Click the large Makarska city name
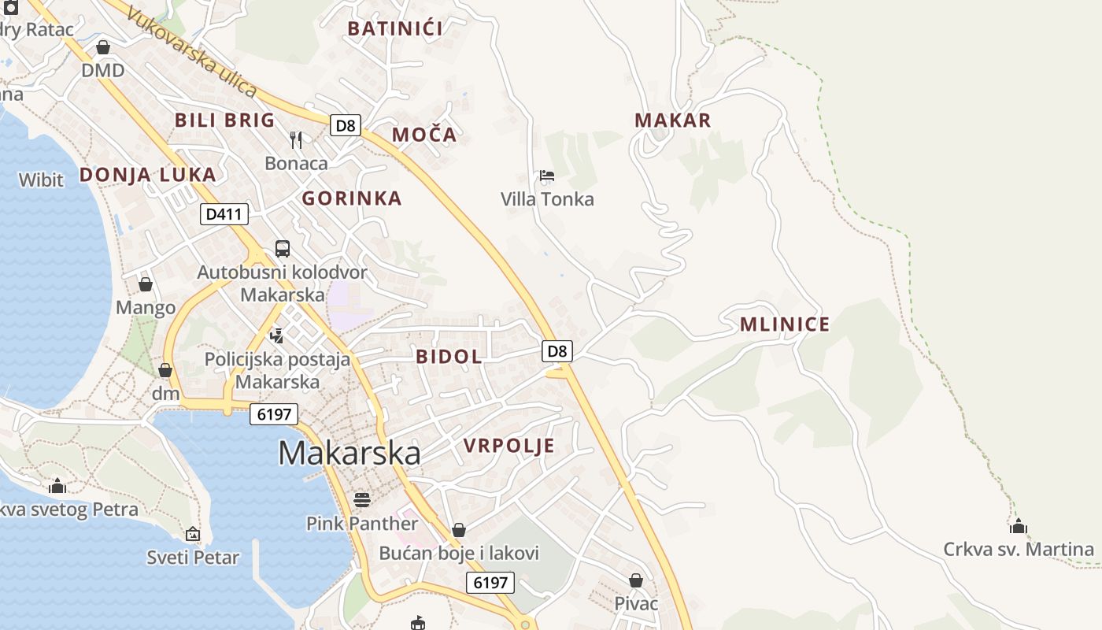[x=349, y=454]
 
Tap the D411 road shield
[x=224, y=213]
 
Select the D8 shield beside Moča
[x=346, y=125]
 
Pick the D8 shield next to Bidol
[x=557, y=351]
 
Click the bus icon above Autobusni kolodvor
[x=283, y=249]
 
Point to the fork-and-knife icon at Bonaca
[x=296, y=140]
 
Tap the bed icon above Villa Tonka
[x=547, y=175]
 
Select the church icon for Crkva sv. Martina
[x=1019, y=526]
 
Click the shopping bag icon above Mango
[x=146, y=284]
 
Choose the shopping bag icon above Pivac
[x=636, y=580]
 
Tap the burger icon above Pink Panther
[x=362, y=499]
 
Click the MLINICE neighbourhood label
[x=785, y=324]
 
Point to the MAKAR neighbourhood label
[x=672, y=120]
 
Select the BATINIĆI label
[x=395, y=29]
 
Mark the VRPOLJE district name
[x=508, y=446]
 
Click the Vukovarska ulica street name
[x=192, y=54]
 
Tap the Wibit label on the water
[x=41, y=180]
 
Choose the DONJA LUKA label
[x=147, y=175]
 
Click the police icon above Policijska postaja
[x=276, y=336]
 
